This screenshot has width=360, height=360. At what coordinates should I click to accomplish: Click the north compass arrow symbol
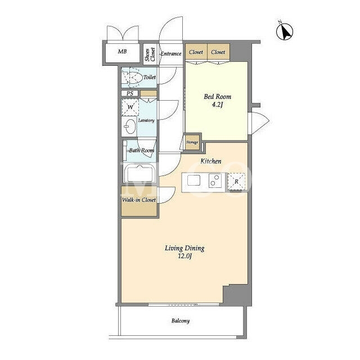[x=285, y=31]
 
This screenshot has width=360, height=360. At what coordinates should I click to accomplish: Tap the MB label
[x=122, y=51]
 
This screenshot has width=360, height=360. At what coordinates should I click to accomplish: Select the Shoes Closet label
[x=150, y=55]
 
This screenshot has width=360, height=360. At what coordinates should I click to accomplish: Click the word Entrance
[x=171, y=54]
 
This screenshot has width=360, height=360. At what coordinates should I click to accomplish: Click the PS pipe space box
[x=130, y=93]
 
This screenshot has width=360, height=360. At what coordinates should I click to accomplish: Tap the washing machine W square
[x=130, y=107]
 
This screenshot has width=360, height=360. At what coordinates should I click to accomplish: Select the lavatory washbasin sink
[x=129, y=126]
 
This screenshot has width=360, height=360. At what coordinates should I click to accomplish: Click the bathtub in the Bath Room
[x=140, y=173]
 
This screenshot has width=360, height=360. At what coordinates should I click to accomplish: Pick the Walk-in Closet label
[x=139, y=200]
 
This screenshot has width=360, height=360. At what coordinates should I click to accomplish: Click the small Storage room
[x=192, y=142]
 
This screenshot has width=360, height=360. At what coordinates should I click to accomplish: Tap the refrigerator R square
[x=236, y=182]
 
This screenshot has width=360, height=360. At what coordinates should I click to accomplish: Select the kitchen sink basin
[x=193, y=180]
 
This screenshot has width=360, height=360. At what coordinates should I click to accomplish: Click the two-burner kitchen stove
[x=215, y=181]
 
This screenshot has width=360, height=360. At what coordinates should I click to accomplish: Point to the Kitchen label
[x=211, y=161]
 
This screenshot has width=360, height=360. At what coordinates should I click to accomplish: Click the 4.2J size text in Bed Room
[x=217, y=105]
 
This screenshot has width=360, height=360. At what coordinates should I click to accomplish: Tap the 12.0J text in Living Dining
[x=184, y=256]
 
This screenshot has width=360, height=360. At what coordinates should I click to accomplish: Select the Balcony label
[x=181, y=321]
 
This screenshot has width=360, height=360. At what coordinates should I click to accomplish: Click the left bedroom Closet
[x=196, y=52]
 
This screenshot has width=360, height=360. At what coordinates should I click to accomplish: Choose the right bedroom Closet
[x=218, y=52]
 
